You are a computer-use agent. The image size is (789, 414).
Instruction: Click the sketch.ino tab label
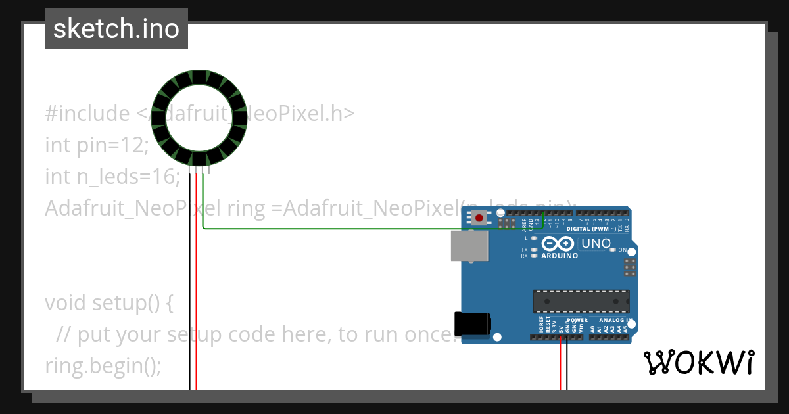point(116,29)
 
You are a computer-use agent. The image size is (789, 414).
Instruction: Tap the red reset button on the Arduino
point(480,218)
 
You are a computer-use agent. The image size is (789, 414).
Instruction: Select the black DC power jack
point(473,325)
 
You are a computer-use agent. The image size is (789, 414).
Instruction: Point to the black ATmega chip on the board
point(581,301)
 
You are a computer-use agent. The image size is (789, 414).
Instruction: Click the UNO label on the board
point(596,244)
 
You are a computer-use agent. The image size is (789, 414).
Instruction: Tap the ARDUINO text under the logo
point(559,256)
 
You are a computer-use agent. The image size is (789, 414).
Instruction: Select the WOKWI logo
point(698,362)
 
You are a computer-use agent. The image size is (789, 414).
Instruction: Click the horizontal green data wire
point(329,229)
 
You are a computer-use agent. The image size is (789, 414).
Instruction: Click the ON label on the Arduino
point(622,250)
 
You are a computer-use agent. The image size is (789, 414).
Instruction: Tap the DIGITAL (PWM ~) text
point(591,229)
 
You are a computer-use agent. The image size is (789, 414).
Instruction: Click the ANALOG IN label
point(615,321)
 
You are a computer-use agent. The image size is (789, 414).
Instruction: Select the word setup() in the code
point(132,303)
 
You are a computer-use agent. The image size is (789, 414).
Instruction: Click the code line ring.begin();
point(103,365)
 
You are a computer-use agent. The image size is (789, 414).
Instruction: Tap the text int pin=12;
point(97,145)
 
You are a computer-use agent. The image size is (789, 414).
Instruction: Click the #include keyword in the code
point(87,114)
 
